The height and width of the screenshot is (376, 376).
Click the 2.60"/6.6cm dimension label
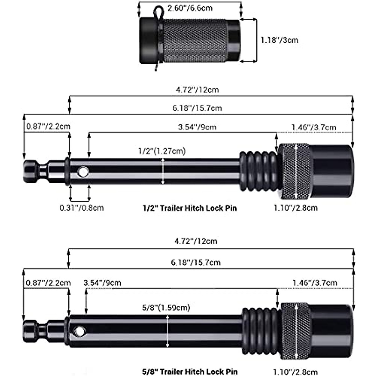[190, 8]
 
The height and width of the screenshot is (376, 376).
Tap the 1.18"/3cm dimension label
[279, 40]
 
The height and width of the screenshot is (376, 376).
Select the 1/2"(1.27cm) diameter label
[162, 151]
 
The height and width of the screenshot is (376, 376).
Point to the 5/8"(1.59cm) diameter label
[166, 307]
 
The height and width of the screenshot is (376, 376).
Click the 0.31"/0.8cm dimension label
[81, 207]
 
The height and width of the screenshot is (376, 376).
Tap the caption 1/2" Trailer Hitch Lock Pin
[190, 208]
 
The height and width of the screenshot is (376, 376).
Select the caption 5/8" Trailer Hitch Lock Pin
[190, 372]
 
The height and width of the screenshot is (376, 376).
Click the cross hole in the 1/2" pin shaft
[83, 172]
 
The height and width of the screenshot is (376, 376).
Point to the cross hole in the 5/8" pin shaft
[80, 331]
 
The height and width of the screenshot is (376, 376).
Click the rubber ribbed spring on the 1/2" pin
[258, 171]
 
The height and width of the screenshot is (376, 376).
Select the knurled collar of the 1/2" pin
[295, 171]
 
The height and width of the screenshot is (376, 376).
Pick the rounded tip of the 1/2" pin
[31, 172]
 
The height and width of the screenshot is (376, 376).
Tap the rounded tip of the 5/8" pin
[31, 331]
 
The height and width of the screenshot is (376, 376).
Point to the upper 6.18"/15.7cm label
[197, 108]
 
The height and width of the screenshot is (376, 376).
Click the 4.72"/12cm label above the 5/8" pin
[196, 241]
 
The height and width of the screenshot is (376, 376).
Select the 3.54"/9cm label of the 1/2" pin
[197, 127]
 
